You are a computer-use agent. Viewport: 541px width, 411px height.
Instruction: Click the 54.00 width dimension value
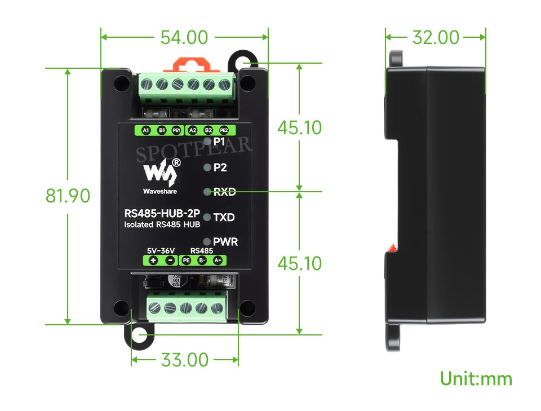pos(184,38)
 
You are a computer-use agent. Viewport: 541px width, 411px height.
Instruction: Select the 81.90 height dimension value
pos(68,196)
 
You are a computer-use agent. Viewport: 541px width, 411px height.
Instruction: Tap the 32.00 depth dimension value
pos(436,37)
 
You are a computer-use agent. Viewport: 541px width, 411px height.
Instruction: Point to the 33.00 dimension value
pos(185,360)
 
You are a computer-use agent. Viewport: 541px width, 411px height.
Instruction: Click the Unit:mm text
pos(476,378)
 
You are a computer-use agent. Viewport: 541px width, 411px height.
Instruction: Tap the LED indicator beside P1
pos(207,141)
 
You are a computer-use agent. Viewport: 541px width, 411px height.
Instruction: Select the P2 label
pos(220,167)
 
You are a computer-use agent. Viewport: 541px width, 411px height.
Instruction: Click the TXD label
pos(224,218)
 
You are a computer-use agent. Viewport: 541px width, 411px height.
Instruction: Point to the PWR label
pos(225,242)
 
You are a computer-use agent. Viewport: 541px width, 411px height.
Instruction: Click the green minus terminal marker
pos(170,260)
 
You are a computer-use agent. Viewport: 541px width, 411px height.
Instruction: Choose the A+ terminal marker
pos(218,260)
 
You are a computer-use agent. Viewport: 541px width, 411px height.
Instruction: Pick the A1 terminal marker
pos(146,130)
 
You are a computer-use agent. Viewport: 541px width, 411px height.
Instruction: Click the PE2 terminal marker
pos(224,130)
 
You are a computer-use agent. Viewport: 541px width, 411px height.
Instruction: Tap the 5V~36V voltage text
pos(161,250)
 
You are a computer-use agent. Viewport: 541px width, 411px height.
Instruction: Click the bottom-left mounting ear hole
pos(139,334)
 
